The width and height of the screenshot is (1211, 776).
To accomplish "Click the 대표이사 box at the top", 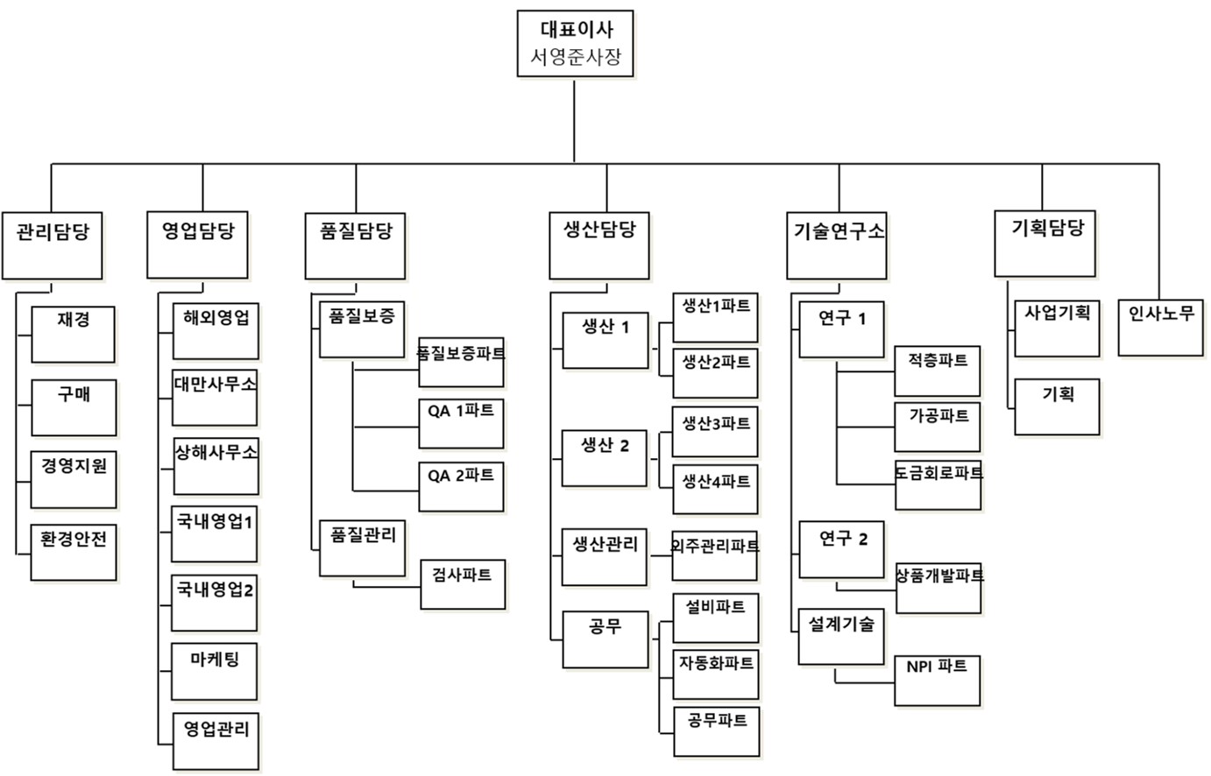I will [575, 31].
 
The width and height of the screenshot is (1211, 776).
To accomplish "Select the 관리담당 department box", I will [52, 244].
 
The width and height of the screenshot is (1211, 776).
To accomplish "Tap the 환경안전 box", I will [74, 552].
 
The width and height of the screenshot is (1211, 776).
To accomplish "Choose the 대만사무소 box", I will [215, 397].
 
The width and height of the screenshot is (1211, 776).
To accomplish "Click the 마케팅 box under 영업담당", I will [215, 671].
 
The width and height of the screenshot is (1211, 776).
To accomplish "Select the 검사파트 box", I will [463, 583].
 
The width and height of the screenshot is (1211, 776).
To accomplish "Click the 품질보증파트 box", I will [461, 361].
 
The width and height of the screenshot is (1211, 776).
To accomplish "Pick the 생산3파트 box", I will [715, 430].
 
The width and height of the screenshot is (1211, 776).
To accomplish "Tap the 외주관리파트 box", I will [715, 554].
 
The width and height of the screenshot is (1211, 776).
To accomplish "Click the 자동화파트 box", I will [716, 673].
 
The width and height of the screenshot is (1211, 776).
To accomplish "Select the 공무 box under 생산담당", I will [605, 638].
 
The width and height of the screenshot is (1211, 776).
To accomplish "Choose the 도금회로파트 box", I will [938, 483].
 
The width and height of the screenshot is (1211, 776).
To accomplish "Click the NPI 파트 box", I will [938, 680].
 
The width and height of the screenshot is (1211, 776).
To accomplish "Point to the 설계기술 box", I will [841, 637].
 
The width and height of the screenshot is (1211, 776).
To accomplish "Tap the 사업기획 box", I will [1057, 328].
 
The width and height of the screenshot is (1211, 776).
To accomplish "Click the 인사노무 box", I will [1160, 327].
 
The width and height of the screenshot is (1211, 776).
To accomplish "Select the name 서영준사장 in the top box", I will [575, 58].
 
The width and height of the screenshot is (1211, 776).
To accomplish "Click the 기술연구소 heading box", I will [839, 244].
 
